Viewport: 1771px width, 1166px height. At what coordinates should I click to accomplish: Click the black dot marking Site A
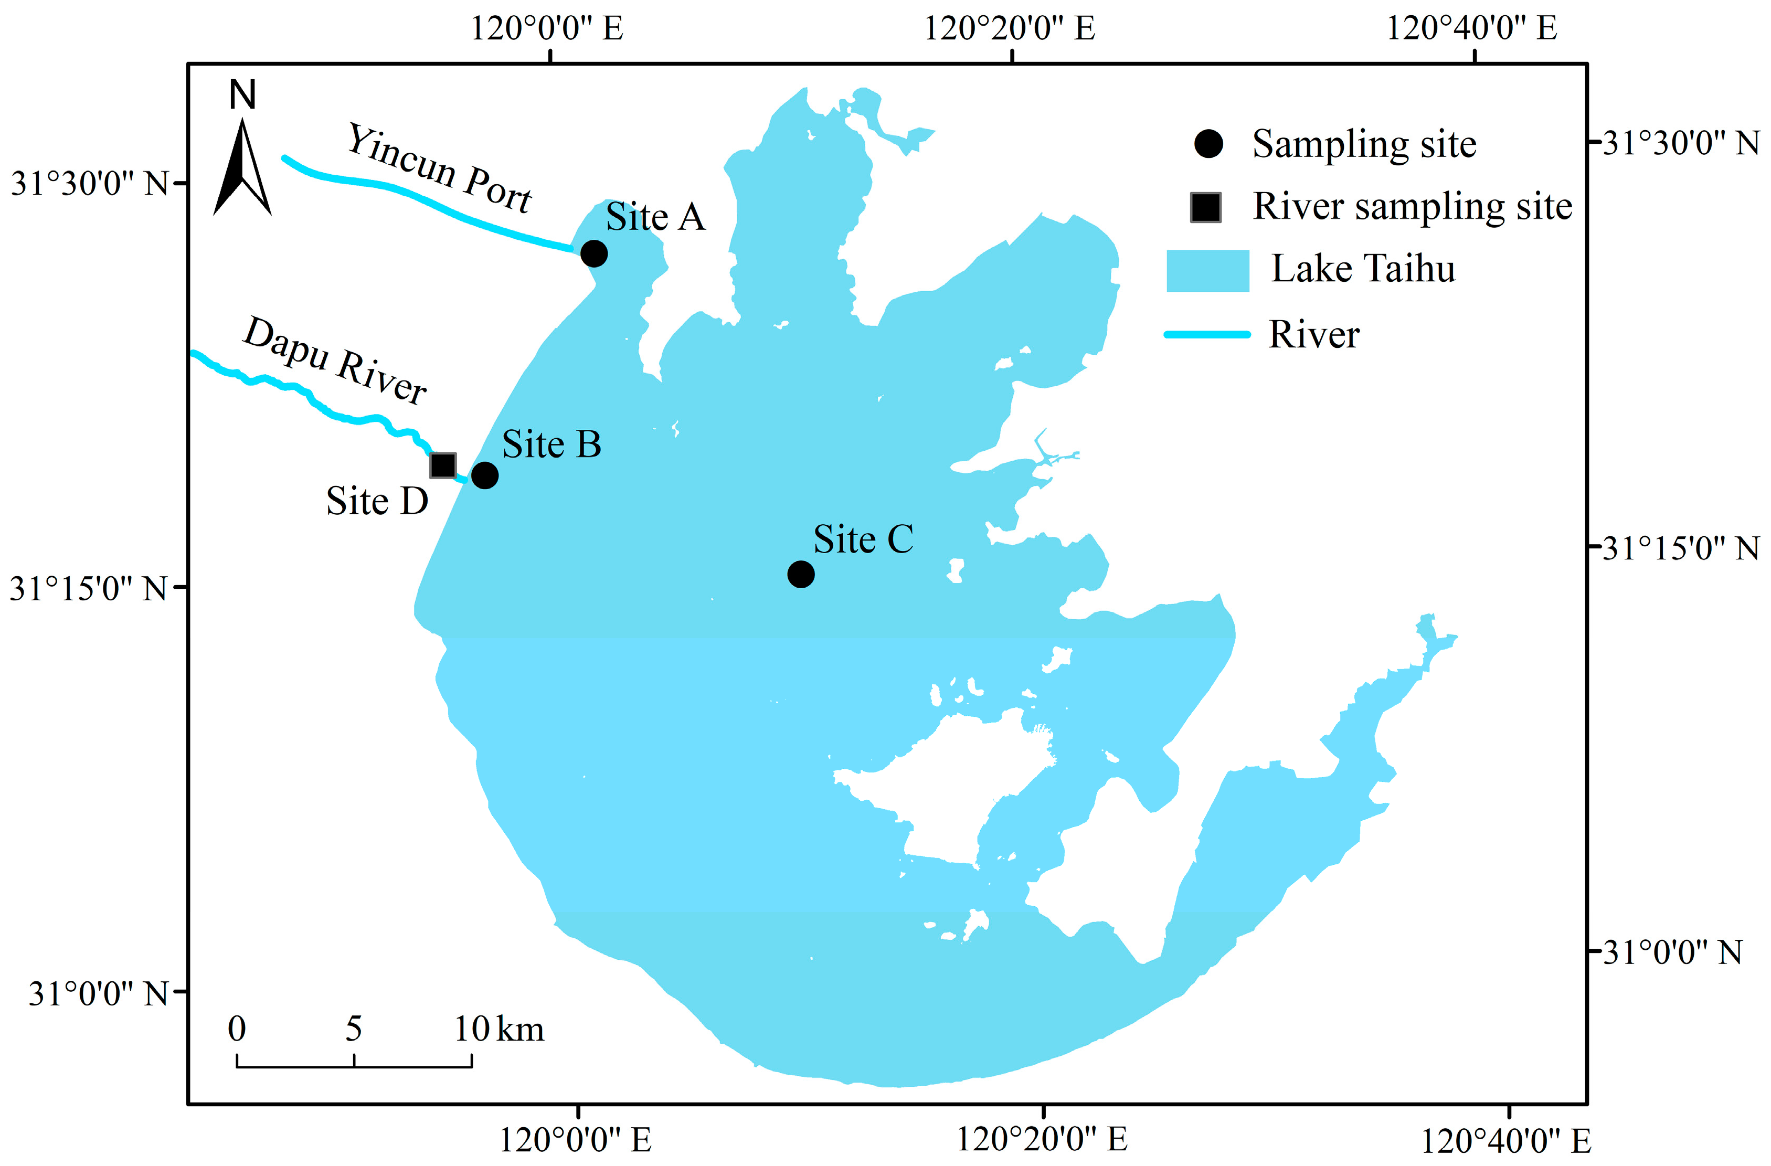593,254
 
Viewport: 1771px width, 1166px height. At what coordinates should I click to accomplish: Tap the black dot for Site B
484,475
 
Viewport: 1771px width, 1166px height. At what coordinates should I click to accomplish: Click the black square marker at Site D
443,465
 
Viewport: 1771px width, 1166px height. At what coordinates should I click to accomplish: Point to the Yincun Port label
440,168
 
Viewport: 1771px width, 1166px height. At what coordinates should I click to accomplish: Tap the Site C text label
863,539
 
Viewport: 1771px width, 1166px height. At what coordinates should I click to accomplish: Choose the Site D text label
377,501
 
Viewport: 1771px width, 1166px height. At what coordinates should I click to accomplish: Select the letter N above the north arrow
242,96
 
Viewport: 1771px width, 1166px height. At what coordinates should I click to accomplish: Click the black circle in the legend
1208,144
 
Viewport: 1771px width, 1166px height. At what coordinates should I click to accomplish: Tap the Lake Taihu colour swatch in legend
1207,270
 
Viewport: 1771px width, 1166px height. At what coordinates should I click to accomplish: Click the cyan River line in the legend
1207,335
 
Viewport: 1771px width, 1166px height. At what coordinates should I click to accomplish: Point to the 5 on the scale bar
354,1029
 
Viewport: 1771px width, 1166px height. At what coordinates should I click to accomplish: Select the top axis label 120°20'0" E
1009,28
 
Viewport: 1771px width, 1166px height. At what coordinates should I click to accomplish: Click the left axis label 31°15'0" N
88,589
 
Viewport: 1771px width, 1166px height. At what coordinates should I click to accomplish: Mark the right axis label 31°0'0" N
1672,952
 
